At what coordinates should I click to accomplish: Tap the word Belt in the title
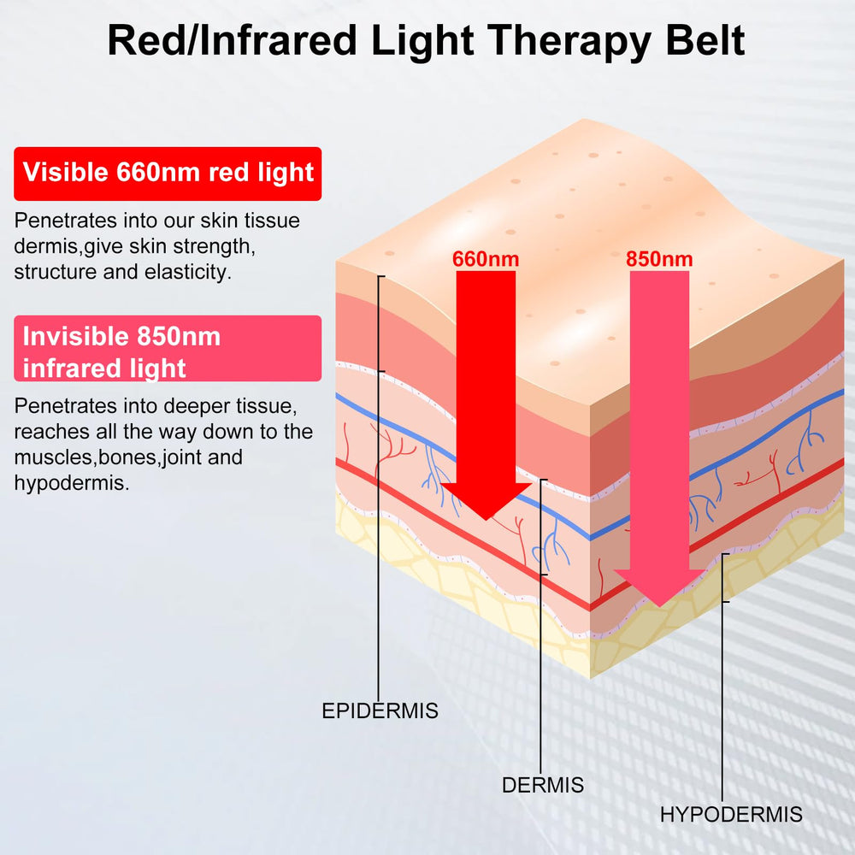(705, 40)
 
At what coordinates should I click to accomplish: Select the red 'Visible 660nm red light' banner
(168, 174)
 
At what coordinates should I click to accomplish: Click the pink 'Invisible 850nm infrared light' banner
(168, 348)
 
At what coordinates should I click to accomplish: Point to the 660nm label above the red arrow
(486, 258)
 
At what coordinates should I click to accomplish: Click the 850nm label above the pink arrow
(659, 258)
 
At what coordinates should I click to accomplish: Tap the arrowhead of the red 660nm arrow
(486, 501)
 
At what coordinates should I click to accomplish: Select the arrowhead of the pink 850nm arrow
(659, 588)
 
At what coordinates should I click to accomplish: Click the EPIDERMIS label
(380, 711)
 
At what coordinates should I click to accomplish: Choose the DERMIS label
(543, 785)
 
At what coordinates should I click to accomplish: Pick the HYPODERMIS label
(731, 814)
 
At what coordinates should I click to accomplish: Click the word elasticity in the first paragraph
(187, 272)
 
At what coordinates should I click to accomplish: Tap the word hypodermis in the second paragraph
(72, 483)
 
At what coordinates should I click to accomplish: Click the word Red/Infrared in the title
(232, 40)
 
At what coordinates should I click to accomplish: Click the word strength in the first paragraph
(214, 247)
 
